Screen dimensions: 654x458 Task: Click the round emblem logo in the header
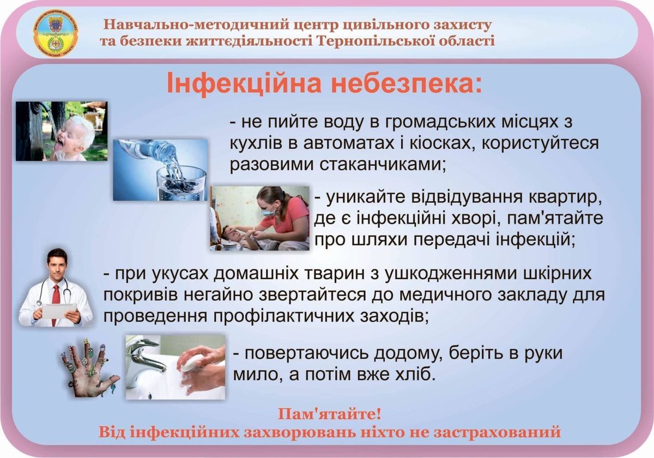tap(56, 33)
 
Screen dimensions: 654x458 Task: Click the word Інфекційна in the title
tap(244, 83)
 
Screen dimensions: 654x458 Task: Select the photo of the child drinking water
tap(62, 131)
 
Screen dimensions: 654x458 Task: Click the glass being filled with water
tap(181, 183)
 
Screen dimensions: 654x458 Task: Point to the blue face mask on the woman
tap(268, 210)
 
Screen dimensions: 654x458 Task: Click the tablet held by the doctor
tap(59, 311)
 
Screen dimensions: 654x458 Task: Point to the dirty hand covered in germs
tap(89, 368)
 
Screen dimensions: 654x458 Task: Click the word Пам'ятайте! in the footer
tap(329, 414)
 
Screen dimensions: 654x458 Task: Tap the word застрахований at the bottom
tap(498, 432)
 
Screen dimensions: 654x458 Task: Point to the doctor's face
tap(57, 265)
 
